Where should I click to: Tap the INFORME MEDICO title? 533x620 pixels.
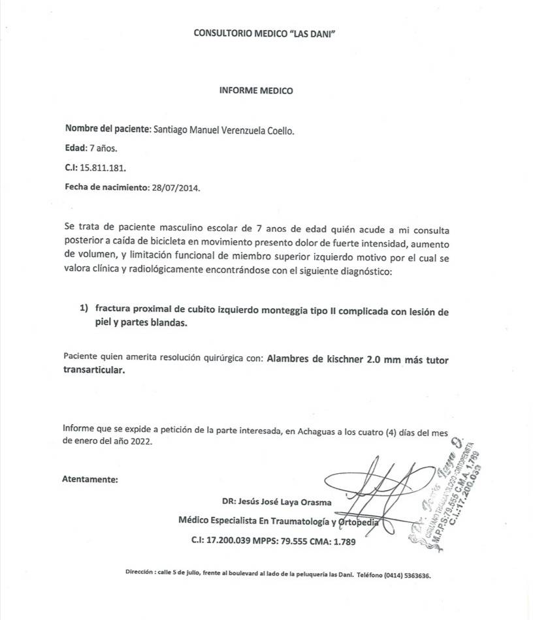[256, 91]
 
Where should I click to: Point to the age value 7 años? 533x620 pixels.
[103, 149]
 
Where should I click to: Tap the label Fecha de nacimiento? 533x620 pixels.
[107, 187]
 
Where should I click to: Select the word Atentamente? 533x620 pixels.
[90, 480]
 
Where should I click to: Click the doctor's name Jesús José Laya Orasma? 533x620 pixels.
[285, 503]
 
